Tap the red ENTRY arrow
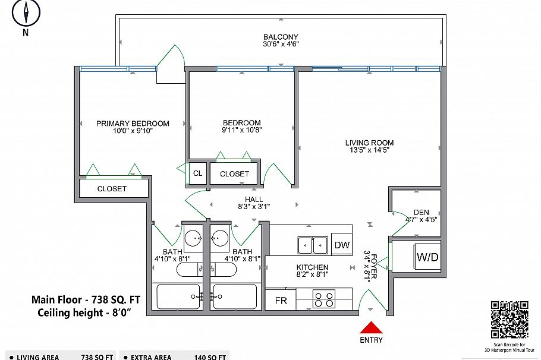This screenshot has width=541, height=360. [x=371, y=327]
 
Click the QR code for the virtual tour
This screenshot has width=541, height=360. [x=509, y=320]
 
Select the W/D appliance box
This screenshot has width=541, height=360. [x=427, y=257]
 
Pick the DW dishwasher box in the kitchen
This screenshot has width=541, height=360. [x=341, y=245]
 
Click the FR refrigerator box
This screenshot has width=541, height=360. [x=281, y=301]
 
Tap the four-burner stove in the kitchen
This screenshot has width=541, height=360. [x=323, y=299]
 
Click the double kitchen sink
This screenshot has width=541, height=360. [x=313, y=244]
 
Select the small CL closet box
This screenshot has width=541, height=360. [x=197, y=173]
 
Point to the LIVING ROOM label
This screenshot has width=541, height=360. [x=369, y=143]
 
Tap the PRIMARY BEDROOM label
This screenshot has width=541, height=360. [x=133, y=124]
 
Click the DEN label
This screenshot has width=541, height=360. [x=421, y=212]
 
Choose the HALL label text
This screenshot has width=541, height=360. [x=254, y=200]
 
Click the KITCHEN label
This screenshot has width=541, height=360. [x=312, y=267]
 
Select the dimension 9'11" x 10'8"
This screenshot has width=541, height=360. [x=242, y=130]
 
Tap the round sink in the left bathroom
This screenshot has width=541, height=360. [x=194, y=239]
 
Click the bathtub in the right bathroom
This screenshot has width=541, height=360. [x=235, y=295]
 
